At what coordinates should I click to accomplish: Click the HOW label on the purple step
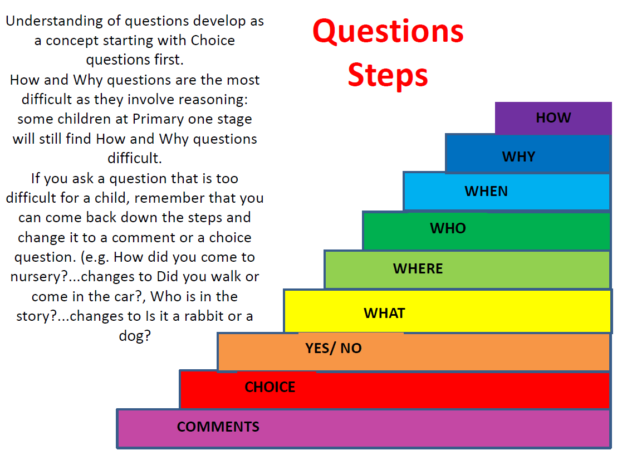coord(553,118)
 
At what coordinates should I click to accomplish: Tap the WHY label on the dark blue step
coord(518,156)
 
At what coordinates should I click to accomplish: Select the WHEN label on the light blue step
coord(486,191)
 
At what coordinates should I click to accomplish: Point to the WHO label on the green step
coord(448,228)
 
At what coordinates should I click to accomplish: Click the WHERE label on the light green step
coord(418,268)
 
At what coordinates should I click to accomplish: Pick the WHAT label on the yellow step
coord(384,313)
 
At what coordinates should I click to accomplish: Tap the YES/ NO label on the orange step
coord(333,349)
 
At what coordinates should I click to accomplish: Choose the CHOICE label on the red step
coord(270,387)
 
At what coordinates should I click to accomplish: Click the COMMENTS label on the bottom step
coord(218,427)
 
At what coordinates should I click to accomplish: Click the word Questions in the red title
coord(388,32)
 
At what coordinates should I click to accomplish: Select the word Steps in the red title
coord(388,75)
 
